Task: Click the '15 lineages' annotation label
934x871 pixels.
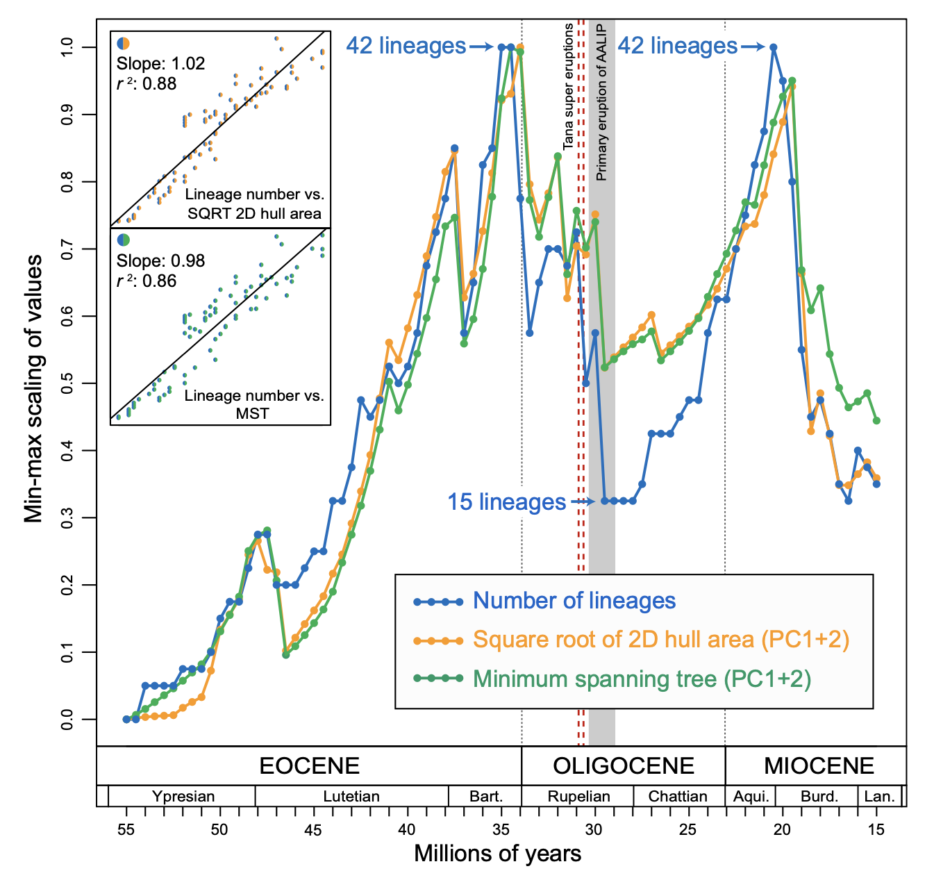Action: click(x=506, y=501)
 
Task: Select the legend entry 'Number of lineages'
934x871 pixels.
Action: click(x=574, y=601)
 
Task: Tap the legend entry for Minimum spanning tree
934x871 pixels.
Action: click(x=642, y=679)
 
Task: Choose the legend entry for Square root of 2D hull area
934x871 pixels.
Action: click(x=660, y=639)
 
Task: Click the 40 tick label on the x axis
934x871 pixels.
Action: click(x=407, y=829)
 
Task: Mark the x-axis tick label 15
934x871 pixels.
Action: click(x=876, y=829)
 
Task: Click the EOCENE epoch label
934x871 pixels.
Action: click(x=309, y=765)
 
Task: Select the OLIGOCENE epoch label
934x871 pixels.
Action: click(x=624, y=765)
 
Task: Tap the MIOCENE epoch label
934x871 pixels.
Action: click(x=819, y=765)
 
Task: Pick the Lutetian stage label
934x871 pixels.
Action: click(x=351, y=796)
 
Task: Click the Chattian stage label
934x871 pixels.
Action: click(x=678, y=796)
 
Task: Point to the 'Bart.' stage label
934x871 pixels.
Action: click(x=486, y=796)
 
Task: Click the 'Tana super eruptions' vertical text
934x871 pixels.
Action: click(x=569, y=86)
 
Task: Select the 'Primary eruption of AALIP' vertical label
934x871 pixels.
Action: click(x=601, y=103)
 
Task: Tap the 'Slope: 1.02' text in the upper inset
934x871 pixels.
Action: click(x=160, y=63)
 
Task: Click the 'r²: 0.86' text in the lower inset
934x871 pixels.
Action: click(x=147, y=281)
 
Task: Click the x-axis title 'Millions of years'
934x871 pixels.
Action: click(x=497, y=853)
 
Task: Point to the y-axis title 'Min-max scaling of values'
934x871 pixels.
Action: click(x=33, y=388)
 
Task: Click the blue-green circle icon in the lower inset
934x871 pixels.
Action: click(x=124, y=240)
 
